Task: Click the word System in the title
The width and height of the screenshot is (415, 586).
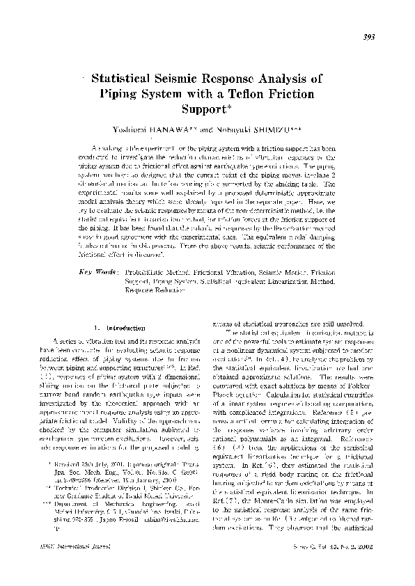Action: click(172, 94)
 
